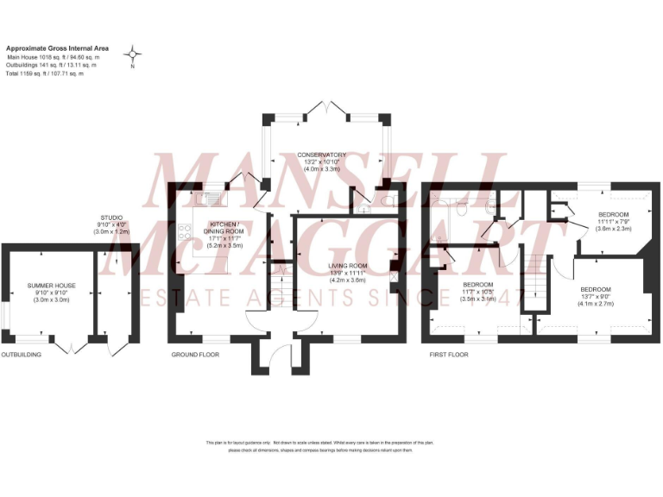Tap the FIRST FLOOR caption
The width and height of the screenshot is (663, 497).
click(449, 355)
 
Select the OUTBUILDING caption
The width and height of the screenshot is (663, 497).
click(21, 355)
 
